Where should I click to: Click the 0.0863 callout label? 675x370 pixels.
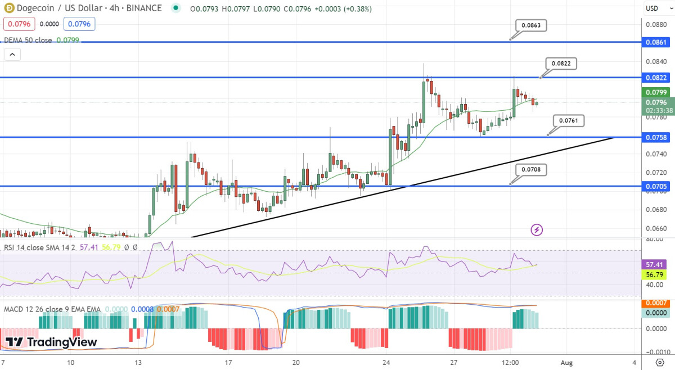click(530, 26)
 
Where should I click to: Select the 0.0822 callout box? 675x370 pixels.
click(561, 64)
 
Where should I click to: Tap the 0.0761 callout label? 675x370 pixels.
click(569, 120)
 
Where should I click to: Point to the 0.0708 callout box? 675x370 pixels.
click(530, 169)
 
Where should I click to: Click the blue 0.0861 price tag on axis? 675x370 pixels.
click(657, 42)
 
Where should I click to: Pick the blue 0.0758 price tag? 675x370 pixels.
click(657, 137)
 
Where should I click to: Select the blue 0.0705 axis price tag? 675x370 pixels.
click(657, 186)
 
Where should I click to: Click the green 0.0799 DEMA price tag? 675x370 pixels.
click(657, 92)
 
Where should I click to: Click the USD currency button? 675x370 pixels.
click(652, 8)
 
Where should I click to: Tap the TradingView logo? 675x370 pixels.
click(51, 342)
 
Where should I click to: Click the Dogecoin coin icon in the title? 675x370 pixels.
click(9, 8)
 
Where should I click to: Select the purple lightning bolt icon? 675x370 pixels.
click(537, 229)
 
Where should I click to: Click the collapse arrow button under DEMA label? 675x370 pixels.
click(12, 55)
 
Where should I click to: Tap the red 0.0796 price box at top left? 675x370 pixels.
click(19, 24)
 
